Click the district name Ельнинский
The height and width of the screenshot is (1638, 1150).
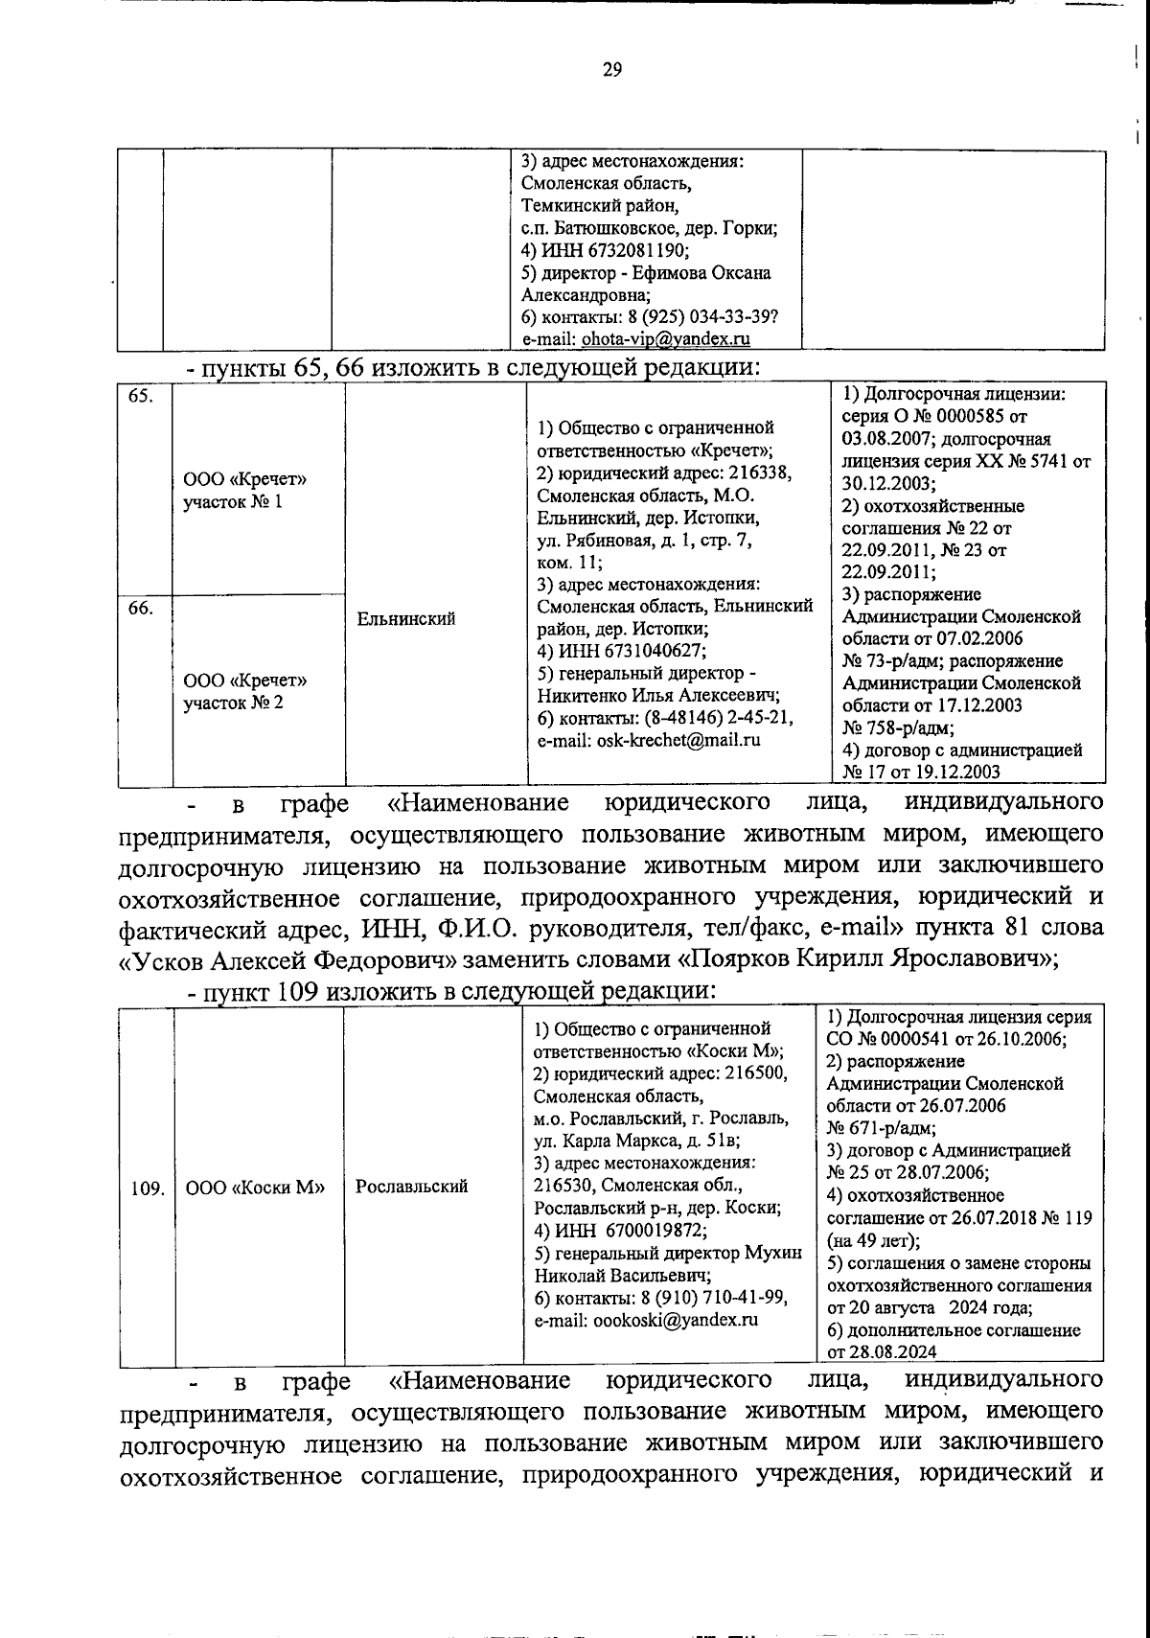405,620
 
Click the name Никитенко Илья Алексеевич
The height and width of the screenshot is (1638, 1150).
656,695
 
